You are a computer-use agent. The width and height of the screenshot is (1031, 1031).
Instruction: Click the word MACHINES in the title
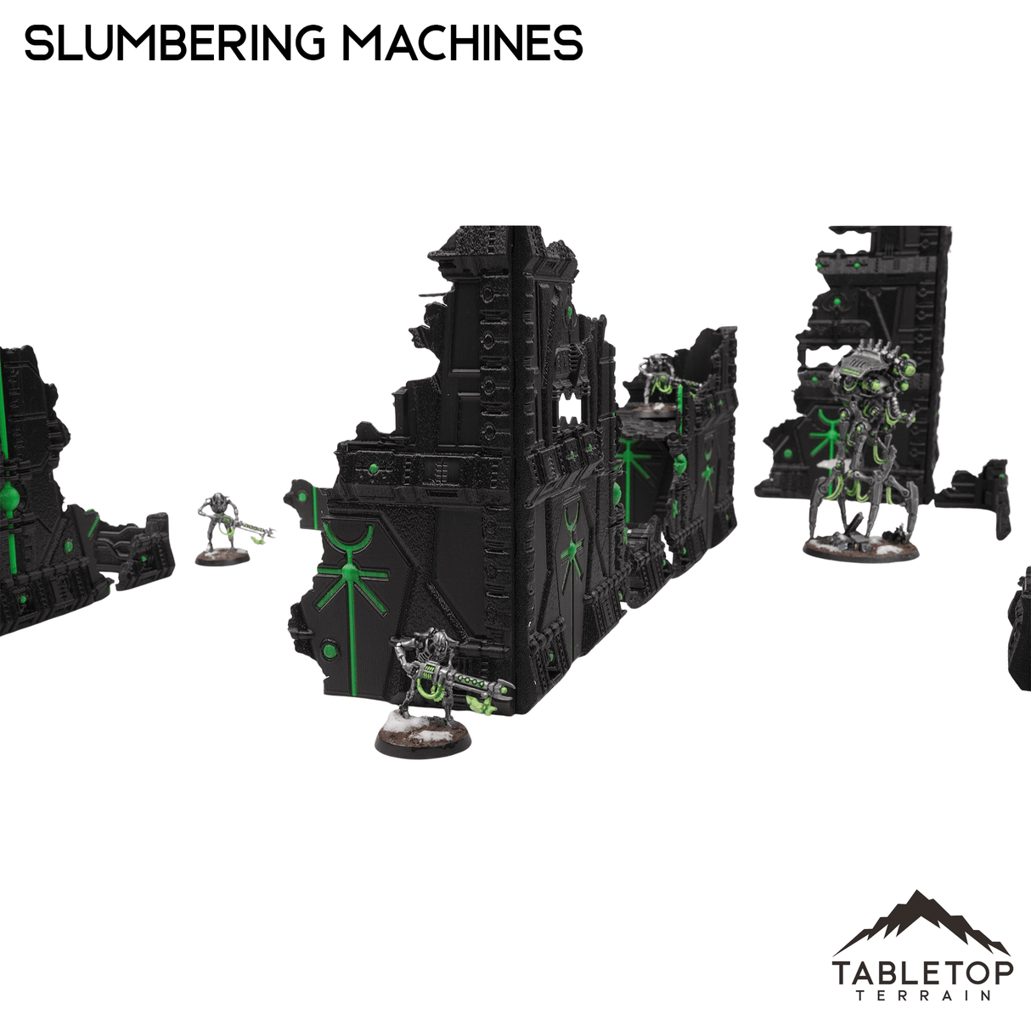coord(465,42)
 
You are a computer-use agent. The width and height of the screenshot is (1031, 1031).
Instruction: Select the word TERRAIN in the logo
coord(922,996)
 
